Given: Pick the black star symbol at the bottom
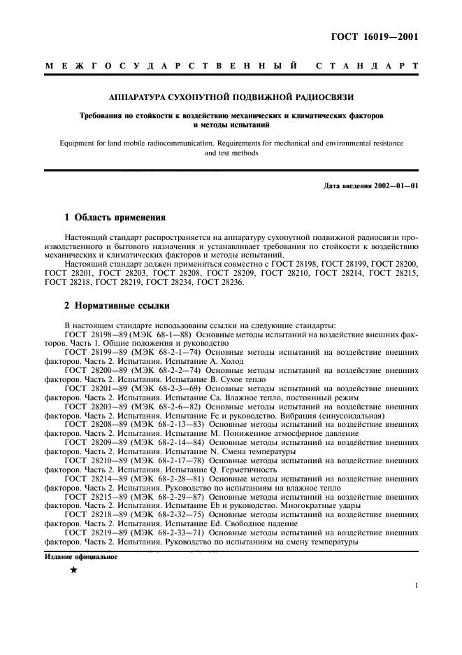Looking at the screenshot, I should [73, 570].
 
